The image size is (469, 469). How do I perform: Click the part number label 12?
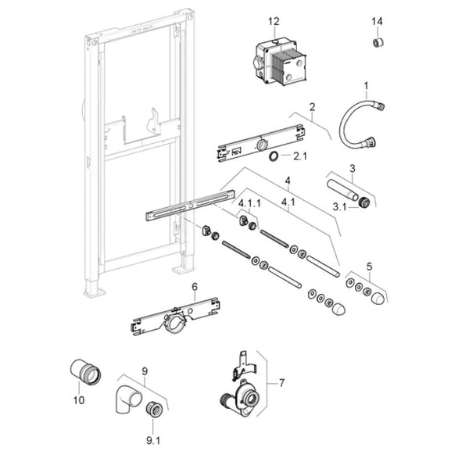click(273, 21)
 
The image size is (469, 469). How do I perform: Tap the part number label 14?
click(378, 21)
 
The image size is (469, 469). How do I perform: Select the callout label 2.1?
click(299, 156)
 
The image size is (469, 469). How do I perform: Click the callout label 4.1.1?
click(250, 203)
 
